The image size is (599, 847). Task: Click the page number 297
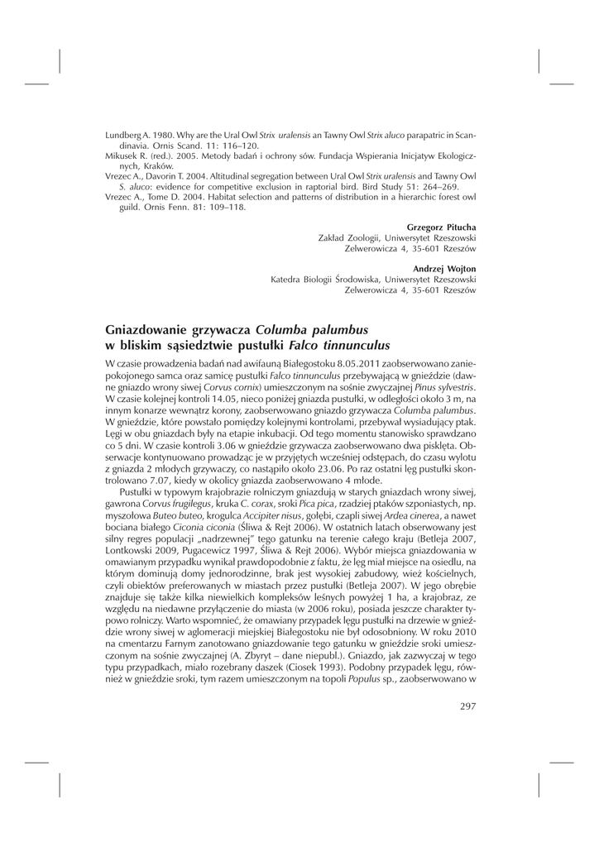(x=467, y=706)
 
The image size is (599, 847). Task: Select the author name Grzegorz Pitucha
(x=441, y=227)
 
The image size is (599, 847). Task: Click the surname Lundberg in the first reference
(x=122, y=134)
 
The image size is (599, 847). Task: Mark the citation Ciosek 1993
(x=304, y=666)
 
